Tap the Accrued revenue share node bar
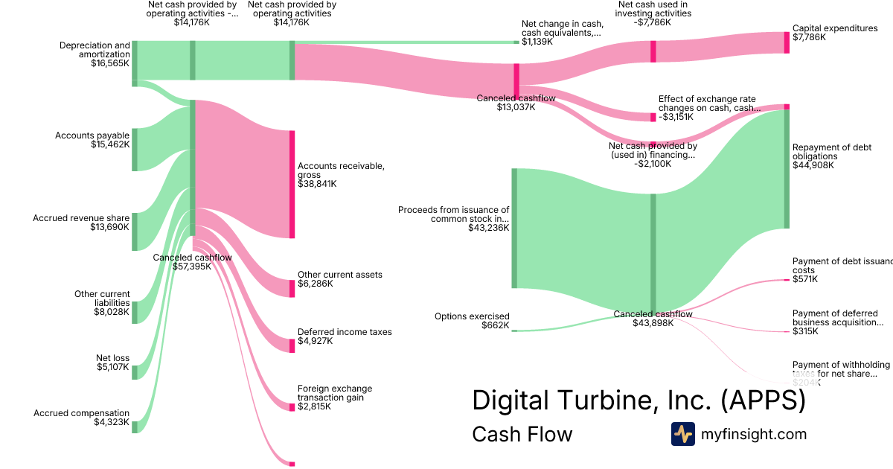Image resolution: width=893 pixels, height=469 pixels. pos(135,232)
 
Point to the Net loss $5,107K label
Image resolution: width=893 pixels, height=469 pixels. pos(112,363)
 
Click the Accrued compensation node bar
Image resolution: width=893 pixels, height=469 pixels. pos(135,427)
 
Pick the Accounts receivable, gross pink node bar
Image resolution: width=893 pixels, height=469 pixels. pos(292,185)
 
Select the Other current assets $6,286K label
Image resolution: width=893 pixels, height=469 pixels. pos(339,279)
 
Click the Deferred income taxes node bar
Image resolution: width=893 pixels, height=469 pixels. pos(292,345)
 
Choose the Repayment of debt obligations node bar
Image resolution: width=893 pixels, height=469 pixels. pos(787,169)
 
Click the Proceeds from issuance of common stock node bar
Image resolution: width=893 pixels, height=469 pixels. pos(513,228)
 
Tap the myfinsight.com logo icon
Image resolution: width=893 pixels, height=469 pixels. pos(682,434)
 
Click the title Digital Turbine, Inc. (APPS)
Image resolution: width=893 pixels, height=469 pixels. pos(638,401)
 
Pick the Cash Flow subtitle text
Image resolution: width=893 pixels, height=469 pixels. pos(522,435)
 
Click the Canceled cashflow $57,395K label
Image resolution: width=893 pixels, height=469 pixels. pos(192,262)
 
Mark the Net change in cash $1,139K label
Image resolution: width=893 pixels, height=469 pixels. pos(562,33)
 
